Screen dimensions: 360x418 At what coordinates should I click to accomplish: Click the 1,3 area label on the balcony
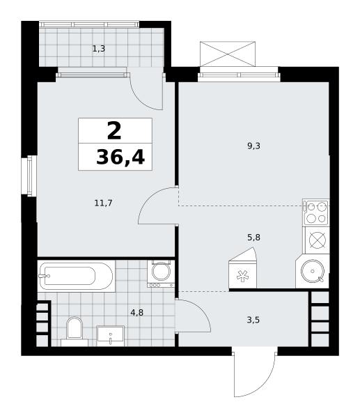click(x=99, y=49)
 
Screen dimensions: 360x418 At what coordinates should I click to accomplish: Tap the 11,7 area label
click(x=103, y=203)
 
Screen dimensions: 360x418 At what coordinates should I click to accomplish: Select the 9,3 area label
click(x=253, y=146)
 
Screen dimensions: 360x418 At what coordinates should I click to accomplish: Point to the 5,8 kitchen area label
click(x=253, y=238)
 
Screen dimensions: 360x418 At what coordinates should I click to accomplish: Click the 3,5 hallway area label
click(x=253, y=320)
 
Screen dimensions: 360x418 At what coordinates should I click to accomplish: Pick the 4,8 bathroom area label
click(x=136, y=312)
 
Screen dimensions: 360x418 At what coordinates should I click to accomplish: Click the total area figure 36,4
click(x=120, y=157)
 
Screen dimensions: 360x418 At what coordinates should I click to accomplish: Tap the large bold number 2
click(x=114, y=130)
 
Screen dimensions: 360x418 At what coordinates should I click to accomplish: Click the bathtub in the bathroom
click(x=76, y=276)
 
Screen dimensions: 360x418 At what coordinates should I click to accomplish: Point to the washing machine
click(x=161, y=274)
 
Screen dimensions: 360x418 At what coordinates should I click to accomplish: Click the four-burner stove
click(x=316, y=212)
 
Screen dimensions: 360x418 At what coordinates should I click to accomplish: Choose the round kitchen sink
click(x=313, y=271)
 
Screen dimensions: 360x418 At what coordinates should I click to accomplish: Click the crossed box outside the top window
click(x=228, y=54)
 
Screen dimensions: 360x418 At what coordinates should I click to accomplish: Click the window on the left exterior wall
click(x=29, y=176)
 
